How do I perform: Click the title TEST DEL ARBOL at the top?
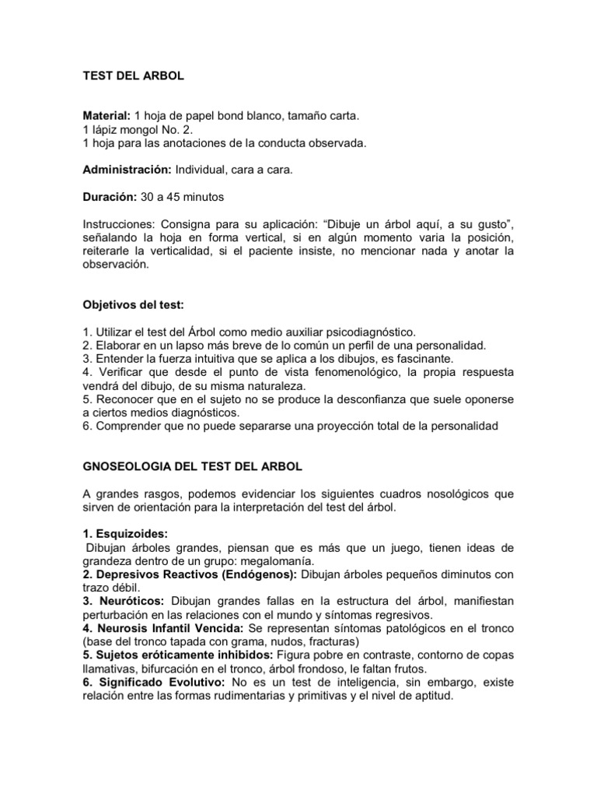point(133,77)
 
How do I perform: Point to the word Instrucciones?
point(117,223)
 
